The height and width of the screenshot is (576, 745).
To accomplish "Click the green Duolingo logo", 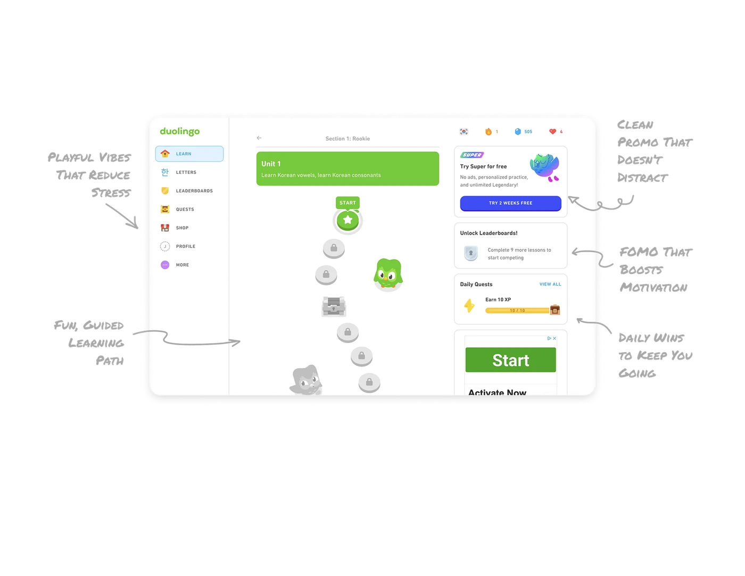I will (180, 131).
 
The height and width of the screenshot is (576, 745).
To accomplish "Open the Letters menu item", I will (186, 172).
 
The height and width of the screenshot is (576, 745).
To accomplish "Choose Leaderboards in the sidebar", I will (194, 191).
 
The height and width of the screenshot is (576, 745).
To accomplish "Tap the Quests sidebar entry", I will (185, 210).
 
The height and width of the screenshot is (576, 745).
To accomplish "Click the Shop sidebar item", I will (182, 228).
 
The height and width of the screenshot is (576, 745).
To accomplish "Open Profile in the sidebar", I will (185, 246).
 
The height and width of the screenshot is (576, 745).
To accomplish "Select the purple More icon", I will (165, 265).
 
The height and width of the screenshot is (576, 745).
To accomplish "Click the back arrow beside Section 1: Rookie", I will (259, 138).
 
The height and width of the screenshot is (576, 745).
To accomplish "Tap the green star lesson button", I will (347, 220).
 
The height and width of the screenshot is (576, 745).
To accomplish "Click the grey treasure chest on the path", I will (334, 306).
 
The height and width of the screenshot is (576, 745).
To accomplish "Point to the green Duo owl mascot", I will (388, 274).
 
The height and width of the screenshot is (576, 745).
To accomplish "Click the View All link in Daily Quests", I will (550, 284).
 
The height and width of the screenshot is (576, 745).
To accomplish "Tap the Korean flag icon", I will (463, 131).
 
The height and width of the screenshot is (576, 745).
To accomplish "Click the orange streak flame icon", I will (489, 131).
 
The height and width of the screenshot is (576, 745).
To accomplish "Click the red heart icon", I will (552, 131).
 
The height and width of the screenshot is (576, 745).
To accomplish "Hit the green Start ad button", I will (510, 360).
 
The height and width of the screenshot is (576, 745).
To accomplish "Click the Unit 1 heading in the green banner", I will (271, 164).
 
